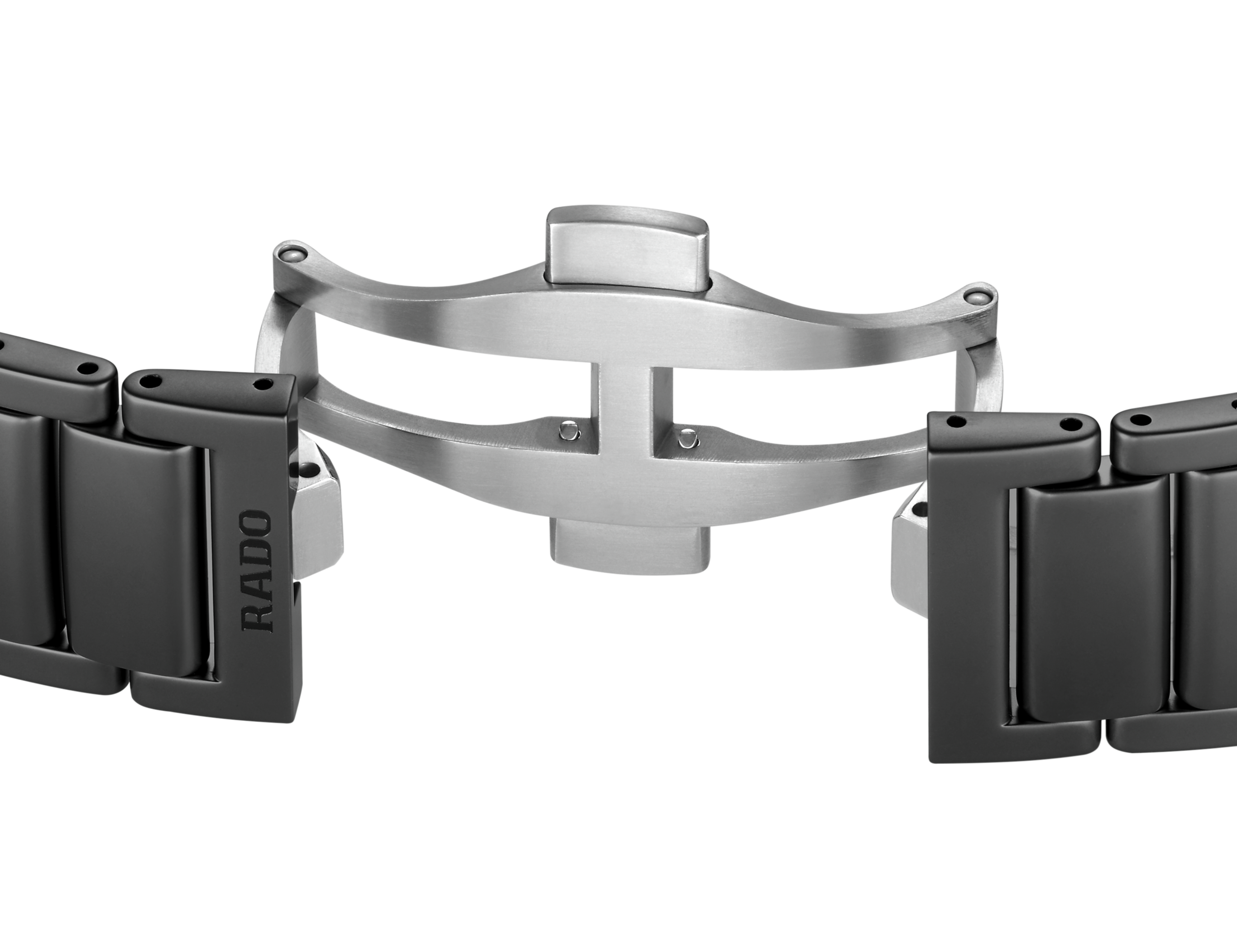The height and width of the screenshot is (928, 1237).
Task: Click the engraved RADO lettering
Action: coord(259,571)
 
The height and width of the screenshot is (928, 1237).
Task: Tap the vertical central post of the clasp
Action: coord(621,403)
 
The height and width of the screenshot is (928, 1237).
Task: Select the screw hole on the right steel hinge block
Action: coord(917,510)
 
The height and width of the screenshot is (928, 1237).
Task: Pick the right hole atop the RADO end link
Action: coord(261,385)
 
